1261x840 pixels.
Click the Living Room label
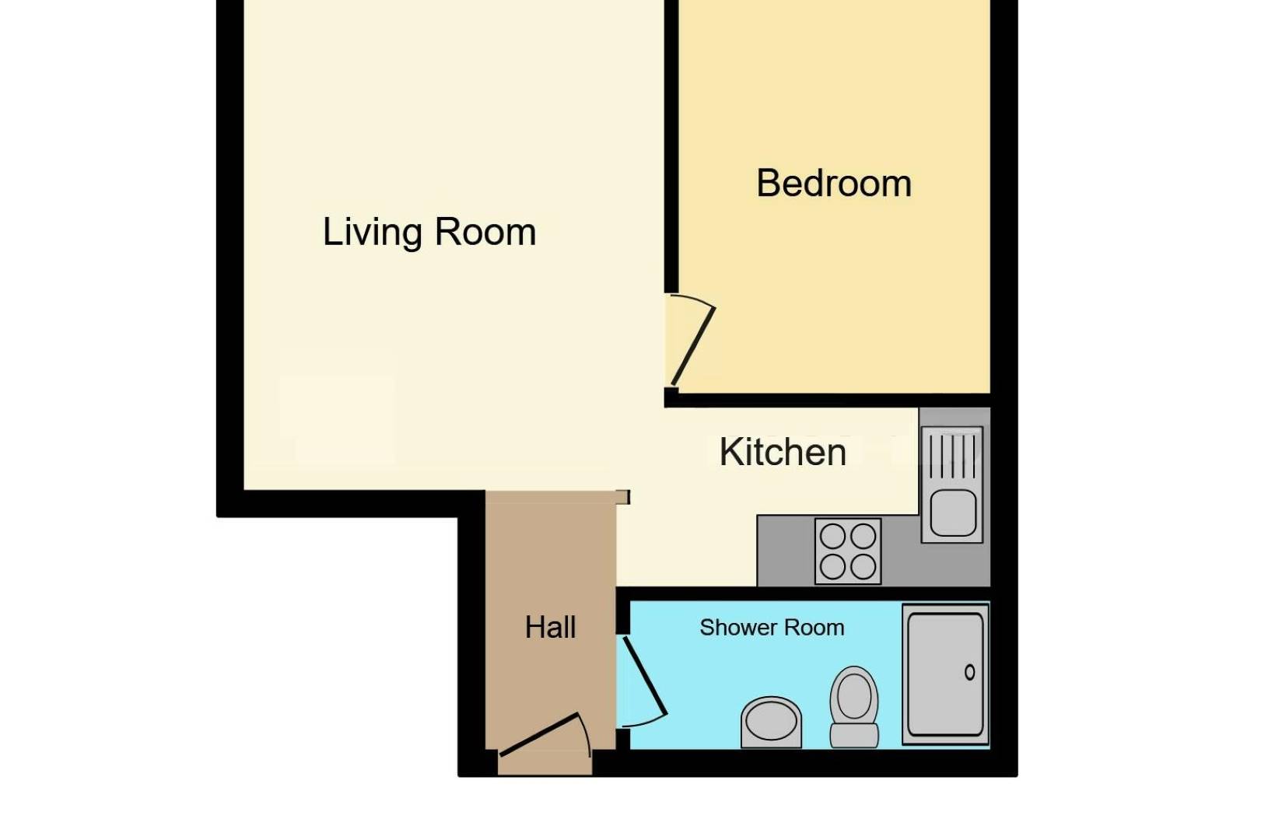pyautogui.click(x=429, y=232)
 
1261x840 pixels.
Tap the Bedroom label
pyautogui.click(x=833, y=184)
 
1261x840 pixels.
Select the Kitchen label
pyautogui.click(x=782, y=452)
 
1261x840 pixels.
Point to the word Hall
pyautogui.click(x=550, y=627)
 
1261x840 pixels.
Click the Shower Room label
pyautogui.click(x=771, y=628)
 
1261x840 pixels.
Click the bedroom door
pyautogui.click(x=692, y=346)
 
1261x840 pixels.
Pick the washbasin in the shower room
pyautogui.click(x=771, y=721)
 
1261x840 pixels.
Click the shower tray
pyautogui.click(x=945, y=674)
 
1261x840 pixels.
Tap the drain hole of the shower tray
pyautogui.click(x=969, y=673)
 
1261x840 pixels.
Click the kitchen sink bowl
pyautogui.click(x=952, y=513)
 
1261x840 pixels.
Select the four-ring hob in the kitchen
pyautogui.click(x=848, y=551)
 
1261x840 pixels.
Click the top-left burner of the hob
pyautogui.click(x=832, y=537)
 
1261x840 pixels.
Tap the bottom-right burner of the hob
pyautogui.click(x=863, y=567)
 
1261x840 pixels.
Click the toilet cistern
pyautogui.click(x=854, y=735)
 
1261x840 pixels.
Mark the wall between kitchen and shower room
pyautogui.click(x=801, y=594)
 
